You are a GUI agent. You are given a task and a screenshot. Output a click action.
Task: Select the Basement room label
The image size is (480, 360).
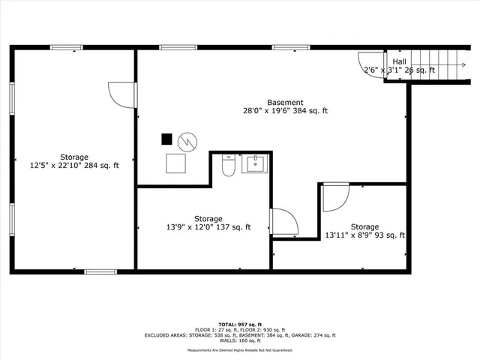285,103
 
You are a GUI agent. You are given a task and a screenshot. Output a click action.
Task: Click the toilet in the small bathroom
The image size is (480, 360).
229,165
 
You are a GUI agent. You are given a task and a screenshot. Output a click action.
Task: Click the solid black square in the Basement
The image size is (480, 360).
166,139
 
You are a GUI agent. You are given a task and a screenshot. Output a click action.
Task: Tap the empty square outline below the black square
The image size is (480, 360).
177,163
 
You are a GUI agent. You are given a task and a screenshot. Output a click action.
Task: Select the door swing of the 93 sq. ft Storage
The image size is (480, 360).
335,196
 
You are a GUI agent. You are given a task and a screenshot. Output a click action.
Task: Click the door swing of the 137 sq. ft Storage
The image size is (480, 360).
283,221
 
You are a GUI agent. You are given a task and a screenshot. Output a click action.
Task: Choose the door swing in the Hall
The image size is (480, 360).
370,64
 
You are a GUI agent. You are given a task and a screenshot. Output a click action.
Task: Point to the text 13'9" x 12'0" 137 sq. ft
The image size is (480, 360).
208,227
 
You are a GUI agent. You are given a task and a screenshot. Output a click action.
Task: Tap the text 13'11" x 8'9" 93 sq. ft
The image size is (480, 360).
364,235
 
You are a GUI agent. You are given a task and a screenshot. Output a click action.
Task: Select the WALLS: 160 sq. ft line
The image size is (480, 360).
240,341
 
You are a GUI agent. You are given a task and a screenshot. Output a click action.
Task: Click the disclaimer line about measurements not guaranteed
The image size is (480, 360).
240,350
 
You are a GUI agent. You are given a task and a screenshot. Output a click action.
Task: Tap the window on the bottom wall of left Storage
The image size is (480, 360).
99,271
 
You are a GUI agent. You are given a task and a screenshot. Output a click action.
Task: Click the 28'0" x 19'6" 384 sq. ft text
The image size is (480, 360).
285,111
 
